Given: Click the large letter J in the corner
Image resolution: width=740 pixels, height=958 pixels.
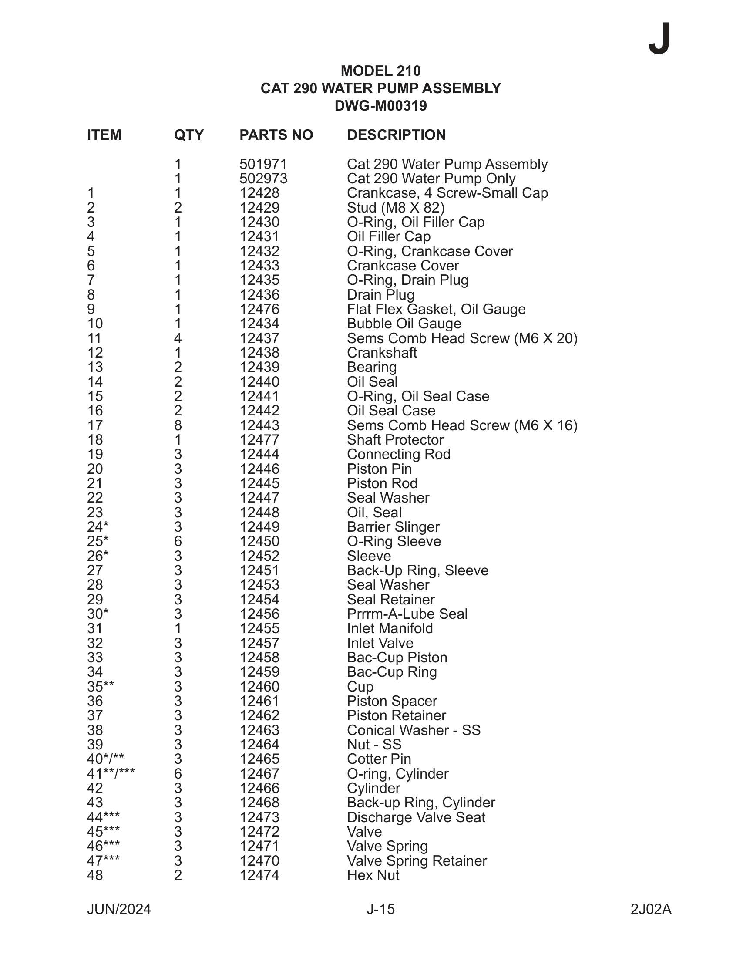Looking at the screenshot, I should click(x=659, y=39).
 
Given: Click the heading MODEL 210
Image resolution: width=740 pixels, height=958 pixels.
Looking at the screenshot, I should click(x=380, y=71).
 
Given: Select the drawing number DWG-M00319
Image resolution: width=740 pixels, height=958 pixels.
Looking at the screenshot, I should click(x=380, y=106).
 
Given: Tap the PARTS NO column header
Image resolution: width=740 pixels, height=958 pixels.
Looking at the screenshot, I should click(x=276, y=135).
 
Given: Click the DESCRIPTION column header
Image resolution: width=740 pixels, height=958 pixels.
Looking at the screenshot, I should click(x=396, y=135).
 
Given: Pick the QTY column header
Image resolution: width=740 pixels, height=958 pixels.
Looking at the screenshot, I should click(x=189, y=135).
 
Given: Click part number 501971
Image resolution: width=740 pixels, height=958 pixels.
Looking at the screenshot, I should click(x=263, y=165).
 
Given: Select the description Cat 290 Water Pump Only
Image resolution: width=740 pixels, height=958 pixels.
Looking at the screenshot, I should click(x=431, y=179).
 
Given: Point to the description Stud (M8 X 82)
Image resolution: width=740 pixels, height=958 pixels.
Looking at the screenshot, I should click(x=395, y=208).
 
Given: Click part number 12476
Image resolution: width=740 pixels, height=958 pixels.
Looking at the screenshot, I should click(x=259, y=310).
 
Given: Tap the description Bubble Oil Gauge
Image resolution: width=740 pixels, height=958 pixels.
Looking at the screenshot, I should click(x=404, y=324).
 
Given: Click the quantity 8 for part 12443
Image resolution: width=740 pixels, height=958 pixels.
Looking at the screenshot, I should click(x=178, y=425).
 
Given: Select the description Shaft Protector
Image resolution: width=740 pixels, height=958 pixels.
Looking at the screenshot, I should click(x=395, y=440).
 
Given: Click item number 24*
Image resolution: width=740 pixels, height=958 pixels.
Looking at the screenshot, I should click(x=98, y=527).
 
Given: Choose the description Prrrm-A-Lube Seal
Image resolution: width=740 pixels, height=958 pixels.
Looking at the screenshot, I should click(x=407, y=614).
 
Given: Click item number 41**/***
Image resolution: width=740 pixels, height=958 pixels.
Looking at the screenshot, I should click(x=111, y=774).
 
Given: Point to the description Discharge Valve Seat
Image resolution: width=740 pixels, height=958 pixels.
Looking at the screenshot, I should click(x=416, y=817).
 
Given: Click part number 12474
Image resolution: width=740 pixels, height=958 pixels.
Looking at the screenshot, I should click(x=259, y=875).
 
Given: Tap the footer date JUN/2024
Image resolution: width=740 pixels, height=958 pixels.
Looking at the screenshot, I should click(x=119, y=909).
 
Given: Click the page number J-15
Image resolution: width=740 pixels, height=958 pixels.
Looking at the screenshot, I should click(x=380, y=909).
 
